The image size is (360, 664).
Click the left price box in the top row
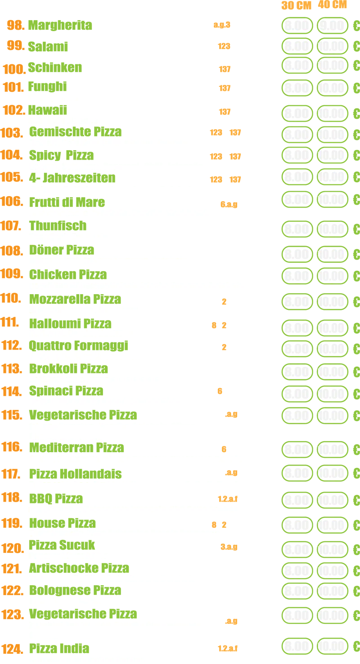tap(297, 26)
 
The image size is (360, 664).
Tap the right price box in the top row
tap(332, 26)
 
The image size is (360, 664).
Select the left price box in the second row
tap(297, 45)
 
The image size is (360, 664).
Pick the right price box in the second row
tap(332, 45)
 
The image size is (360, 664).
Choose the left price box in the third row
tap(297, 66)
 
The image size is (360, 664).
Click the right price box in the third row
tap(332, 66)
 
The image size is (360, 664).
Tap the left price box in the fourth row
tap(297, 88)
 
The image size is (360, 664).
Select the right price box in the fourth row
tap(332, 88)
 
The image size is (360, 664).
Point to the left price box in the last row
tap(297, 646)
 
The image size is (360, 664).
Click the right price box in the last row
tap(332, 646)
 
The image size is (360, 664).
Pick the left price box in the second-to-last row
tap(297, 615)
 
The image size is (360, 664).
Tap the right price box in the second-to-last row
tap(332, 615)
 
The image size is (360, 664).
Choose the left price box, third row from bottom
tap(297, 591)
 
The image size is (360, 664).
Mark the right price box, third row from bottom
tap(332, 591)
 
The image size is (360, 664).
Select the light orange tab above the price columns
tap(320, 5)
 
